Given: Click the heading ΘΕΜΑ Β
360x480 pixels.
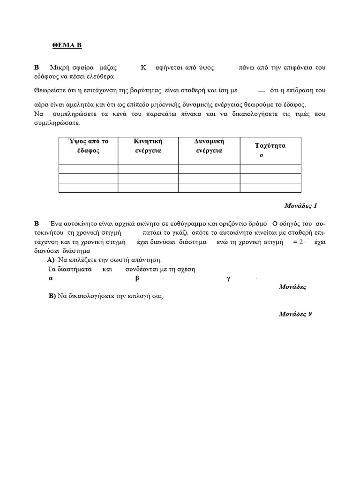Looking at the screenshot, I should (x=67, y=45).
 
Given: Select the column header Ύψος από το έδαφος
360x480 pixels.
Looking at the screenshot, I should (x=88, y=146).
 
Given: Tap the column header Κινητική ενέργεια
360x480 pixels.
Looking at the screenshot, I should (x=148, y=146).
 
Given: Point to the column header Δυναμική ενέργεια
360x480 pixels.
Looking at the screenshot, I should (x=209, y=146).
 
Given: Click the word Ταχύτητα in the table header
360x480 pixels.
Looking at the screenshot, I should (x=270, y=145).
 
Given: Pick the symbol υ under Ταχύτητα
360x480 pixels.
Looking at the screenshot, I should (x=261, y=155).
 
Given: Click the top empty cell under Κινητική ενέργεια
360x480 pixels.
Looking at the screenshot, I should (x=148, y=169).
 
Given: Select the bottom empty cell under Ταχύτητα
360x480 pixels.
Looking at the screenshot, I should (x=270, y=187).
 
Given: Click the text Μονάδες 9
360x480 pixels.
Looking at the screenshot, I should (x=295, y=314).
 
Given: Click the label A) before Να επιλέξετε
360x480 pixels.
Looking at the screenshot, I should (x=51, y=260).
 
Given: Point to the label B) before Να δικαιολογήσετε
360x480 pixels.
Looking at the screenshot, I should (x=52, y=296).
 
